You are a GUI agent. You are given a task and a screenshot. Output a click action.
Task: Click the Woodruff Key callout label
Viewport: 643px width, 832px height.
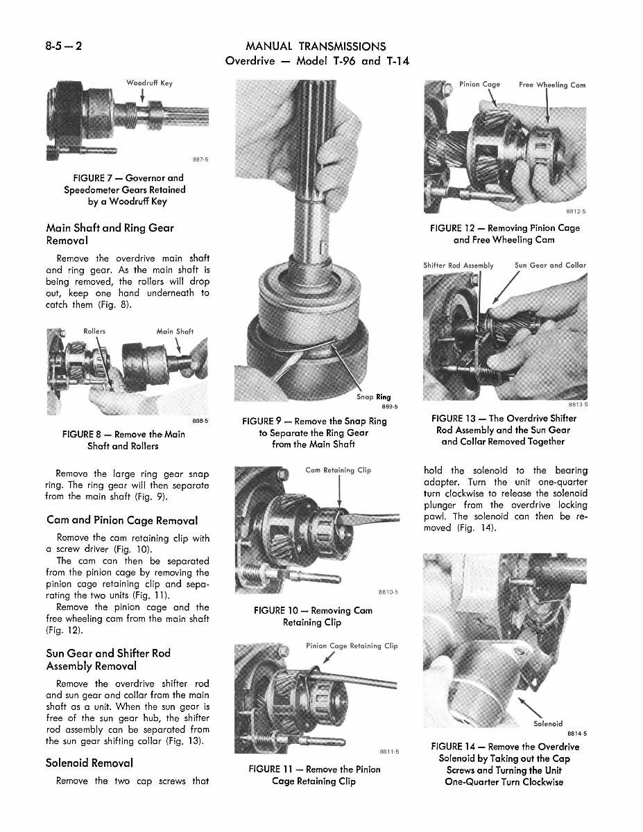(148, 83)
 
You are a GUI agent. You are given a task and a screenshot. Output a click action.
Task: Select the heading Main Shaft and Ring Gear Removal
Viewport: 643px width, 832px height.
(110, 234)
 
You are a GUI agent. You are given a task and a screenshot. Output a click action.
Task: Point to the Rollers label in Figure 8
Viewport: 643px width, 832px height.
(94, 331)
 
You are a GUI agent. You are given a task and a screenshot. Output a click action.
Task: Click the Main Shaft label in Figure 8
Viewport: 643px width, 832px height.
(175, 331)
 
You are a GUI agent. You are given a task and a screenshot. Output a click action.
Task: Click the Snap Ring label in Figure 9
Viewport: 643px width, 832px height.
(373, 397)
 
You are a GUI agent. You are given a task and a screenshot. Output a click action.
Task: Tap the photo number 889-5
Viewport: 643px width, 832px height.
(380, 407)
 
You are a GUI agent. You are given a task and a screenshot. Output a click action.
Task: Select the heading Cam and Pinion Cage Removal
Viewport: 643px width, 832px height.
(121, 520)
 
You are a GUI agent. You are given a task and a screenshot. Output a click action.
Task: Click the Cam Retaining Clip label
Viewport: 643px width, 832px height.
(338, 470)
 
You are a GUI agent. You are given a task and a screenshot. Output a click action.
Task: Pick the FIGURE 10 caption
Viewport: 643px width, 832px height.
(313, 616)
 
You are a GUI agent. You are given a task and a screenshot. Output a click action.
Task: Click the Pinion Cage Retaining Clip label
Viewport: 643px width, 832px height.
(352, 645)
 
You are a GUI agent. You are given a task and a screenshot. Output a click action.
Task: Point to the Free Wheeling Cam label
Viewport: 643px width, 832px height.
(551, 85)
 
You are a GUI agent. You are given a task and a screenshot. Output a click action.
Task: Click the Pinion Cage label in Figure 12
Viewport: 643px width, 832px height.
(479, 85)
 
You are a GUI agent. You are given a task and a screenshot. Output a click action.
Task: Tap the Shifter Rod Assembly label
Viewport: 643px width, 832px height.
(458, 265)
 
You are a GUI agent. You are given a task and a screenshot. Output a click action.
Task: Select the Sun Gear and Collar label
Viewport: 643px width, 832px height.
(550, 265)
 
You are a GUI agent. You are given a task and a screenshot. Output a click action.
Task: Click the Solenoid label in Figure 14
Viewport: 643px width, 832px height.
(548, 724)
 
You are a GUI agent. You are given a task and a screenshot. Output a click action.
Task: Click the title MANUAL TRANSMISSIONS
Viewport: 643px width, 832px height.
(316, 46)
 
